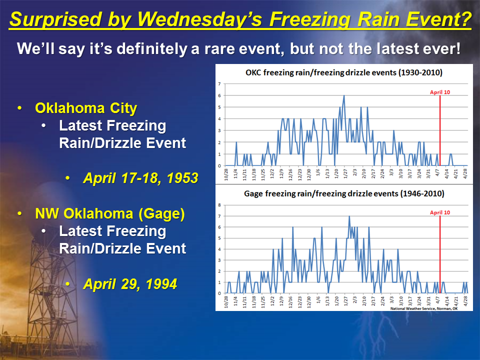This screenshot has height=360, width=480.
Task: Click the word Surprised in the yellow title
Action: point(55,19)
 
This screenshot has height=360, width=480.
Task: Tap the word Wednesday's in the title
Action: point(200,19)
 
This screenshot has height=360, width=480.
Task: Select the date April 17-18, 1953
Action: point(141,178)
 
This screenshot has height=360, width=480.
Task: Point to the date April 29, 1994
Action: point(130,284)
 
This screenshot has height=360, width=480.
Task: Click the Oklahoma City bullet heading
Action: point(86,108)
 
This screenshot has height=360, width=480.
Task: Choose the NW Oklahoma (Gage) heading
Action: point(110,213)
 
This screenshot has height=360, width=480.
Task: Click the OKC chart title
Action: point(344,72)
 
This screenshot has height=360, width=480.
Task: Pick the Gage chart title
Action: point(344,193)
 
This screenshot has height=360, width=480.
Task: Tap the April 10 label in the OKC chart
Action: point(440,92)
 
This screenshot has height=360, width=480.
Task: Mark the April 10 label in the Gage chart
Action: point(440,212)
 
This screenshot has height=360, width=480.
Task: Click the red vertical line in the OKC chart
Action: point(440,130)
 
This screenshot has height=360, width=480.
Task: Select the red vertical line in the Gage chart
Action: point(440,254)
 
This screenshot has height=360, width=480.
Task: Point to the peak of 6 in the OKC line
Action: point(344,95)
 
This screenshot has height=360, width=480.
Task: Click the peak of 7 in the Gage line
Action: point(349,216)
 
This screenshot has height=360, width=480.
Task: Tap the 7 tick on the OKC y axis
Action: point(219,84)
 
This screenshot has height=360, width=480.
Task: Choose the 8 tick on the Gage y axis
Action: point(219,205)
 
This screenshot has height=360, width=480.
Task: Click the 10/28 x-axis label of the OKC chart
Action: point(226,174)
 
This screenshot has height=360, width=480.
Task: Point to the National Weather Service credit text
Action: point(424,308)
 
